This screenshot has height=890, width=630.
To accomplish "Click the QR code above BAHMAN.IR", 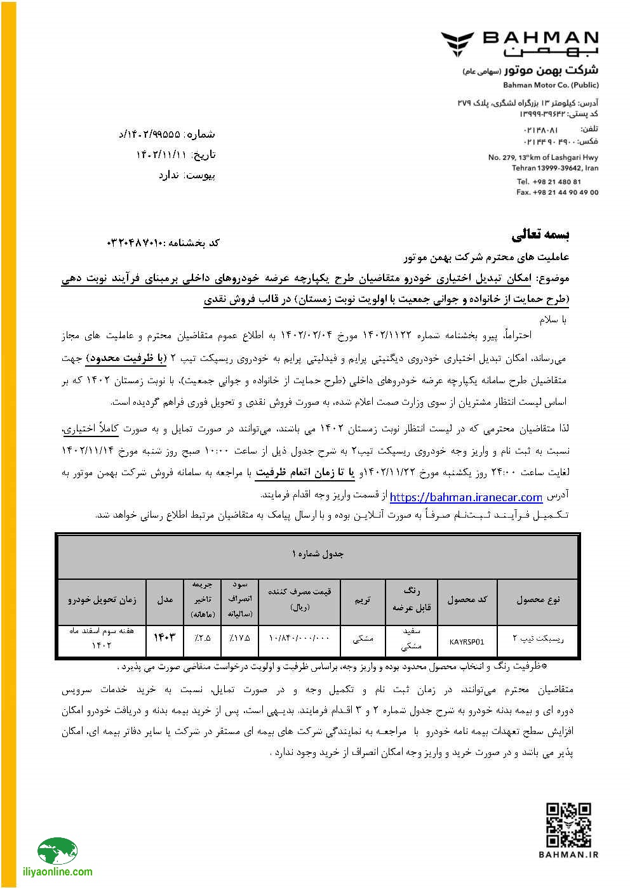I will (568, 825).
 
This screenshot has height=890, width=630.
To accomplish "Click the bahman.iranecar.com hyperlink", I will (466, 497).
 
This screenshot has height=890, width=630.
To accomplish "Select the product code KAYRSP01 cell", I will (467, 641).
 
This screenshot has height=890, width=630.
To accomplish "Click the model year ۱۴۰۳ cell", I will (164, 637).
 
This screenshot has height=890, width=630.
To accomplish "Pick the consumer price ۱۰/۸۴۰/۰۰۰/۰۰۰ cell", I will (299, 637).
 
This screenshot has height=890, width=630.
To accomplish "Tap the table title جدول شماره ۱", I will (318, 554).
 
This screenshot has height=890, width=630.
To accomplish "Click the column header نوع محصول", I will (537, 599).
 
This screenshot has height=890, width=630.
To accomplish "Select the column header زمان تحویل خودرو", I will (102, 599).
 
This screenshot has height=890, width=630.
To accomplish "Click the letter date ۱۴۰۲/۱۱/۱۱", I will (161, 154).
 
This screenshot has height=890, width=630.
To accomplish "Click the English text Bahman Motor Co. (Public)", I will (551, 85).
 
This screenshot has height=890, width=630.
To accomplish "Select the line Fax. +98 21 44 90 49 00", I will (557, 192).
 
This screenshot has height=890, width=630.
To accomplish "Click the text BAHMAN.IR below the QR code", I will (568, 854).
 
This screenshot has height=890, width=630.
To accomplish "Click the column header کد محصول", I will (467, 599).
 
